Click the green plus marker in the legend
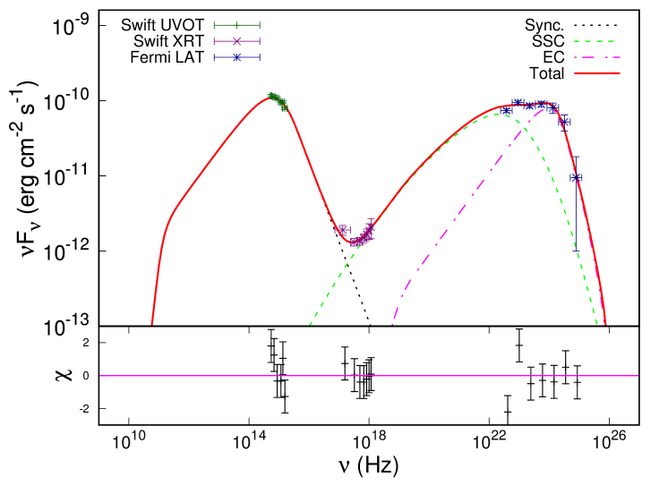pos(236,25)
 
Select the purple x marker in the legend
pos(236,41)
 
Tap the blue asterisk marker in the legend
pos(236,57)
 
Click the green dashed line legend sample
pos(595,41)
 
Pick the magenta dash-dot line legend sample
pos(596,57)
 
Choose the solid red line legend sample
pos(597,72)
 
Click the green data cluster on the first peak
pos(277,100)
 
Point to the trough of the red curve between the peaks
pos(352,243)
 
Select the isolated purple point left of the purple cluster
pos(341,230)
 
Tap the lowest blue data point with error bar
pos(576,177)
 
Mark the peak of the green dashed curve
pos(495,114)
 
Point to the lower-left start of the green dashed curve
pos(311,324)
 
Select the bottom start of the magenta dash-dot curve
pos(393,324)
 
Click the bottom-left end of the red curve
pos(152,324)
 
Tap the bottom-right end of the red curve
pos(605,324)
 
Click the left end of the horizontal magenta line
pos(100,376)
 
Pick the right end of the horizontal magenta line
pos(638,376)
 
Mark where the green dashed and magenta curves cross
pos(524,130)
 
